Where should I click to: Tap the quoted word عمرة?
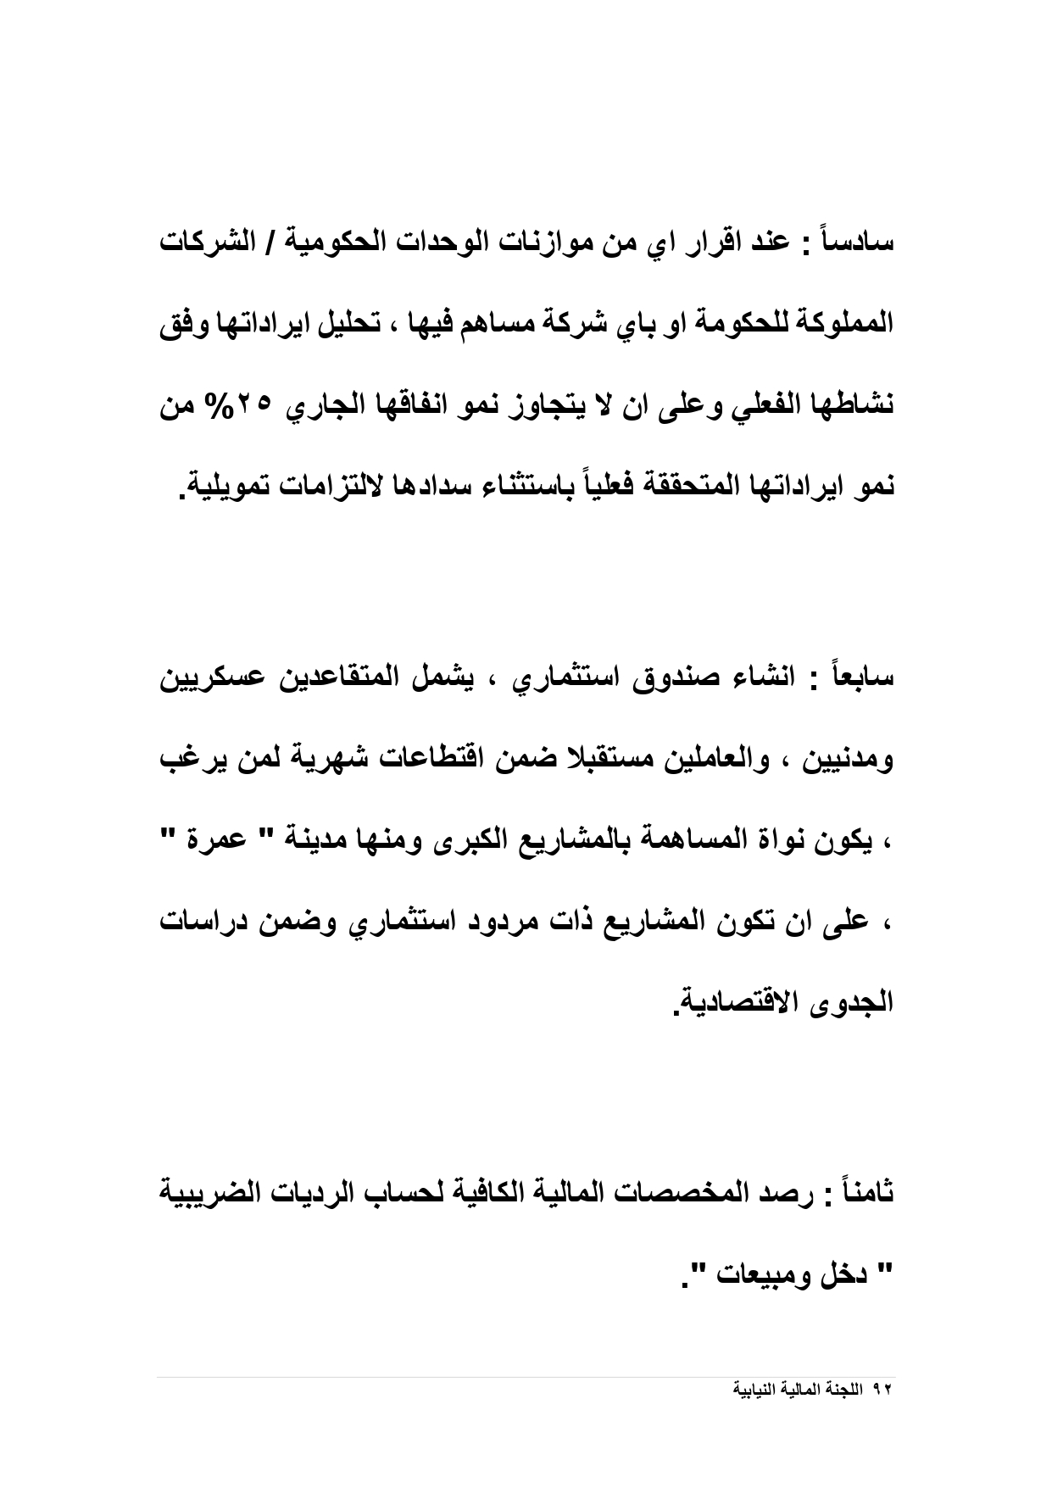pos(226,843)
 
